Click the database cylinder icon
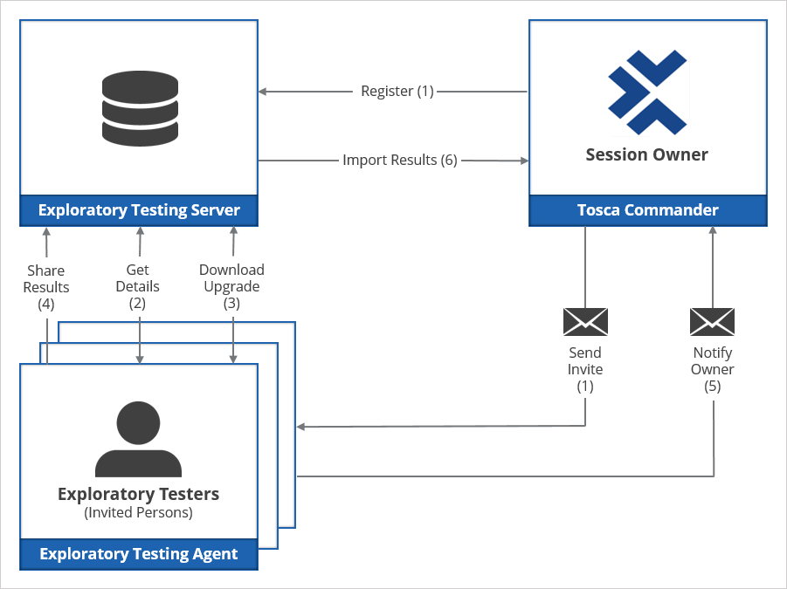pyautogui.click(x=140, y=109)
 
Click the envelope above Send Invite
pyautogui.click(x=585, y=322)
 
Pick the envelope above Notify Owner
pyautogui.click(x=713, y=322)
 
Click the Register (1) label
pyautogui.click(x=397, y=91)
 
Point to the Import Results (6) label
pyautogui.click(x=400, y=160)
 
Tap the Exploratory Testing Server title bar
pyautogui.click(x=139, y=210)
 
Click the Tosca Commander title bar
pyautogui.click(x=648, y=210)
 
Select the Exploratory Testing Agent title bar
pyautogui.click(x=139, y=553)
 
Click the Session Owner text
pyautogui.click(x=646, y=155)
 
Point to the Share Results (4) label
pyautogui.click(x=46, y=287)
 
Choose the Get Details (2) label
pyautogui.click(x=138, y=287)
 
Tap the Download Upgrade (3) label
pyautogui.click(x=231, y=287)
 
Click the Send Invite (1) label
pyautogui.click(x=585, y=369)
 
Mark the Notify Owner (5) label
pyautogui.click(x=713, y=369)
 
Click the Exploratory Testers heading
pyautogui.click(x=138, y=494)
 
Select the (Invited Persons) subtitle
pyautogui.click(x=138, y=513)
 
